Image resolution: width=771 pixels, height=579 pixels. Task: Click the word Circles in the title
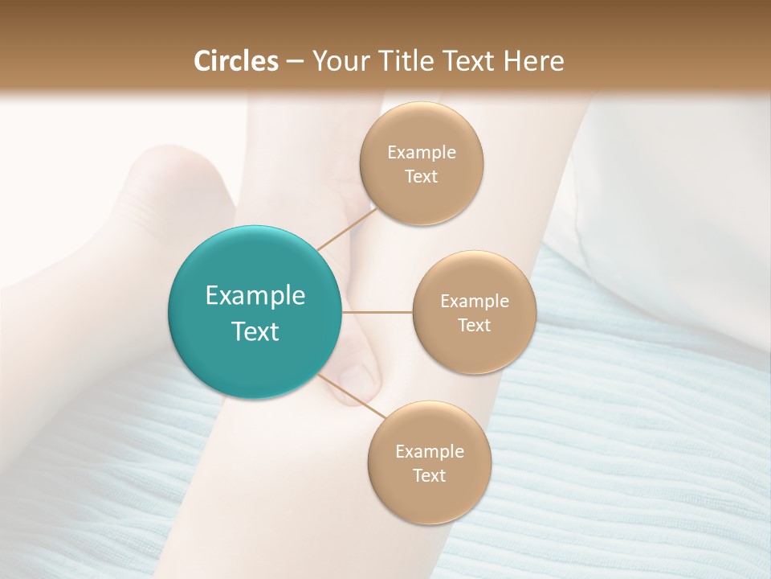click(x=235, y=61)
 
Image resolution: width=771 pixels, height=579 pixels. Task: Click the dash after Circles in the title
click(x=294, y=62)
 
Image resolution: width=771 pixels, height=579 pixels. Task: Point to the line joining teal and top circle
click(x=347, y=228)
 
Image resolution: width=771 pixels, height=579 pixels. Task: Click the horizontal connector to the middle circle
click(x=377, y=311)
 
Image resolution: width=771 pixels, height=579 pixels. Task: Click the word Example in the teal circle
click(x=255, y=296)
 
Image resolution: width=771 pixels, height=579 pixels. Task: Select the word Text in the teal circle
click(x=255, y=331)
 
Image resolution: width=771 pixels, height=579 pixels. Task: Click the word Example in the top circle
click(x=422, y=153)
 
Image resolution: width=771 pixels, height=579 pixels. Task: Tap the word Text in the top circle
click(x=422, y=176)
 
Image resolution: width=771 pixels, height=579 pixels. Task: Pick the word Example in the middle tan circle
click(x=475, y=302)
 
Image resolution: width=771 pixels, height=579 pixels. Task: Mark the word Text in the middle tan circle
click(x=475, y=325)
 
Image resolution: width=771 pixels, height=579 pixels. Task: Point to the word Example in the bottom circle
click(x=430, y=452)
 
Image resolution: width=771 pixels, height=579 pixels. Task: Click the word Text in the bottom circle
click(x=430, y=475)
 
